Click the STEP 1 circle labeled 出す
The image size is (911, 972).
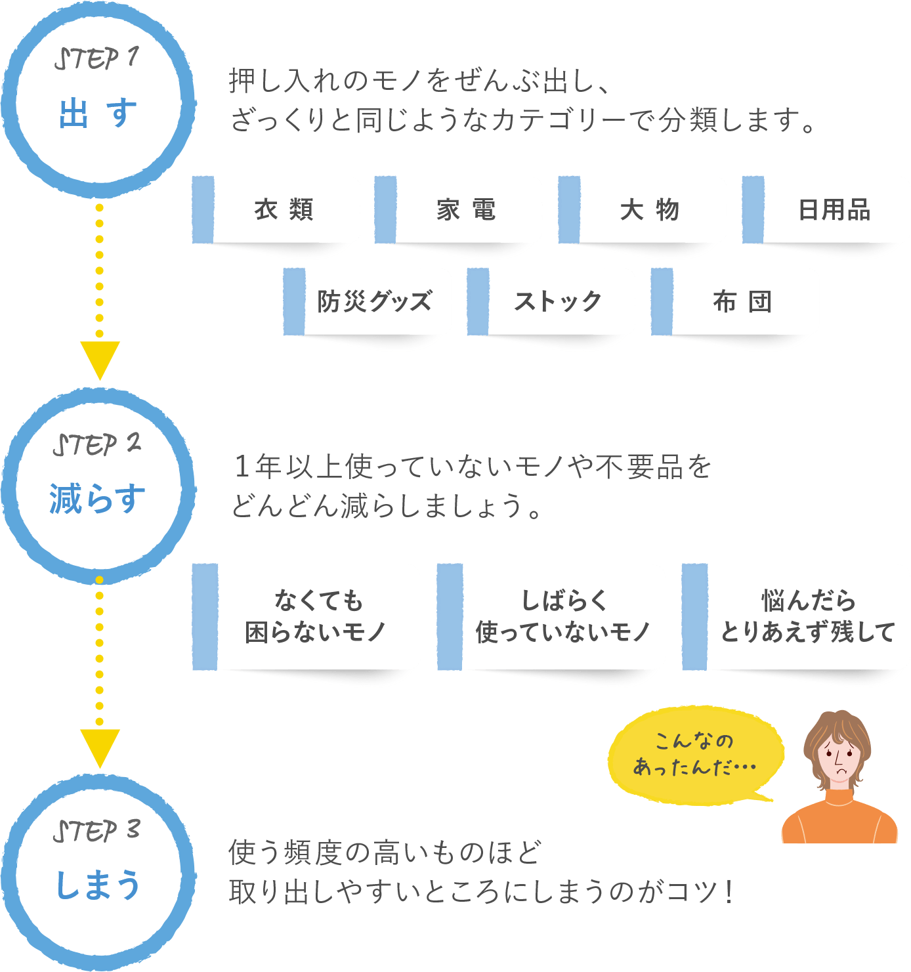coord(98,102)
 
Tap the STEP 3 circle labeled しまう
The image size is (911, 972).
coord(98,873)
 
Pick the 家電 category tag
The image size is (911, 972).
coord(466,210)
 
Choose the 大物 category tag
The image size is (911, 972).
coord(649,210)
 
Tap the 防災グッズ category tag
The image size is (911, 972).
coord(375,302)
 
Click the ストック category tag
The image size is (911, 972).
coord(558,302)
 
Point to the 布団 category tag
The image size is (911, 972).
coord(742,302)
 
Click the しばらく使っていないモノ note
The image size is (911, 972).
coord(562,617)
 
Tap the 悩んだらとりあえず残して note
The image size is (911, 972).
coord(807,617)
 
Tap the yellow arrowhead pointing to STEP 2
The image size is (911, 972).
coord(99,358)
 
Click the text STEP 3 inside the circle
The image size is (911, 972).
coord(96,831)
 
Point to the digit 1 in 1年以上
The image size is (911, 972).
coord(242,466)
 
